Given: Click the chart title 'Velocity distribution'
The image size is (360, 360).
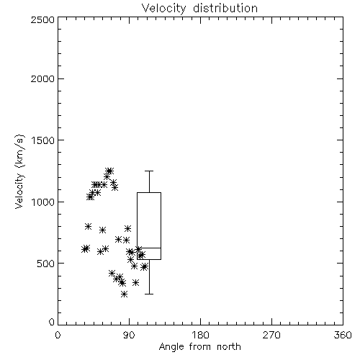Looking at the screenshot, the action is point(199,9).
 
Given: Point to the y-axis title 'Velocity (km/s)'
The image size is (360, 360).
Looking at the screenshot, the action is point(19,171).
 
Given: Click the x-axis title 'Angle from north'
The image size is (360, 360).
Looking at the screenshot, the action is point(199,347).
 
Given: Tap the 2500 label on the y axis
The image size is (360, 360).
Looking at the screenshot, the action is point(42,19).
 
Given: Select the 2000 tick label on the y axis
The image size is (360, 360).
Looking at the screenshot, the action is point(42,78).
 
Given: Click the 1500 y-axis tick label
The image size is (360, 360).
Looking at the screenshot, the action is point(43,140).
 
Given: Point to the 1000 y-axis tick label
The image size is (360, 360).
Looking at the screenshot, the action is point(43,202).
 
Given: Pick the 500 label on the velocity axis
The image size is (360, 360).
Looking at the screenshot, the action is point(46,264).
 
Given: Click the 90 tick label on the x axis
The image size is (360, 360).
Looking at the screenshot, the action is point(130,335).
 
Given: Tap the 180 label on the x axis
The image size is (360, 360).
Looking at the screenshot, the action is point(200,335).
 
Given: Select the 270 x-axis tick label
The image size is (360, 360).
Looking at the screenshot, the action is point(271,335).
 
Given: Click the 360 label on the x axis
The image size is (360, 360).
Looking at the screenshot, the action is point(343,335).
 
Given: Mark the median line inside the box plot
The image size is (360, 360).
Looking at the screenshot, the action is point(149,248).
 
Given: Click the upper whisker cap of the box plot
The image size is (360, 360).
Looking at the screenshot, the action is point(149,171).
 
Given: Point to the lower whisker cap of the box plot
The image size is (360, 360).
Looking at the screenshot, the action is point(149,294).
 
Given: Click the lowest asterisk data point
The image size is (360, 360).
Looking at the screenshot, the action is point(124,294).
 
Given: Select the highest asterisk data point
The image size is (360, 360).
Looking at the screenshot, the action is point(109,171).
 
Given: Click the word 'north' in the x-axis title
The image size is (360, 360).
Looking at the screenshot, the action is point(229,347).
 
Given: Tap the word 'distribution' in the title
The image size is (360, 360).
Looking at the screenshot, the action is point(225,8).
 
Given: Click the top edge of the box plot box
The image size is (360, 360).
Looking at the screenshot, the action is point(149,192).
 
